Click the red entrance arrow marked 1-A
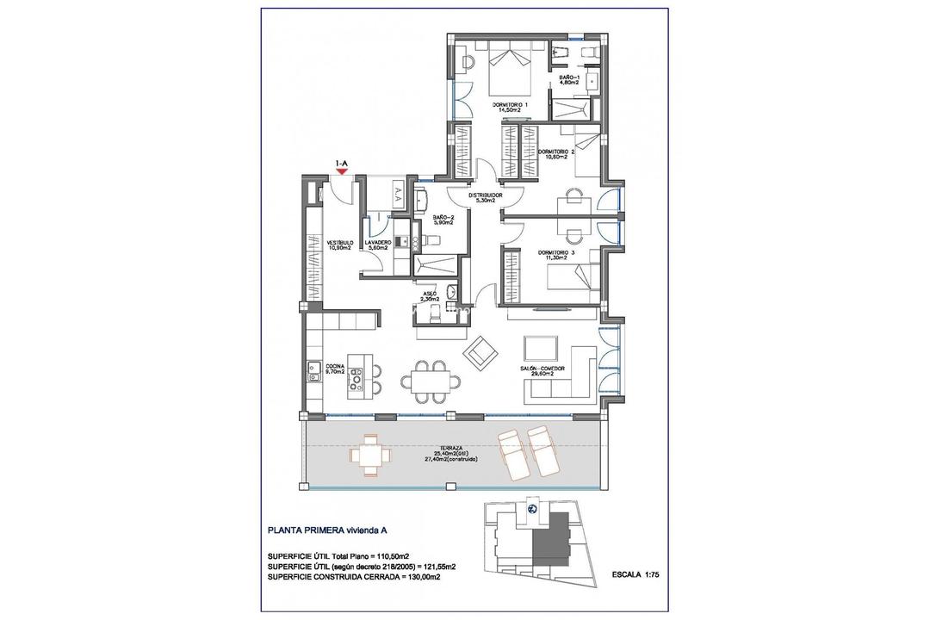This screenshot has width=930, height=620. pos(342,171)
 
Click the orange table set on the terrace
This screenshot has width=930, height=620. pos(368,456)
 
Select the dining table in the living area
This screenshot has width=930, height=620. pos(427,378)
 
